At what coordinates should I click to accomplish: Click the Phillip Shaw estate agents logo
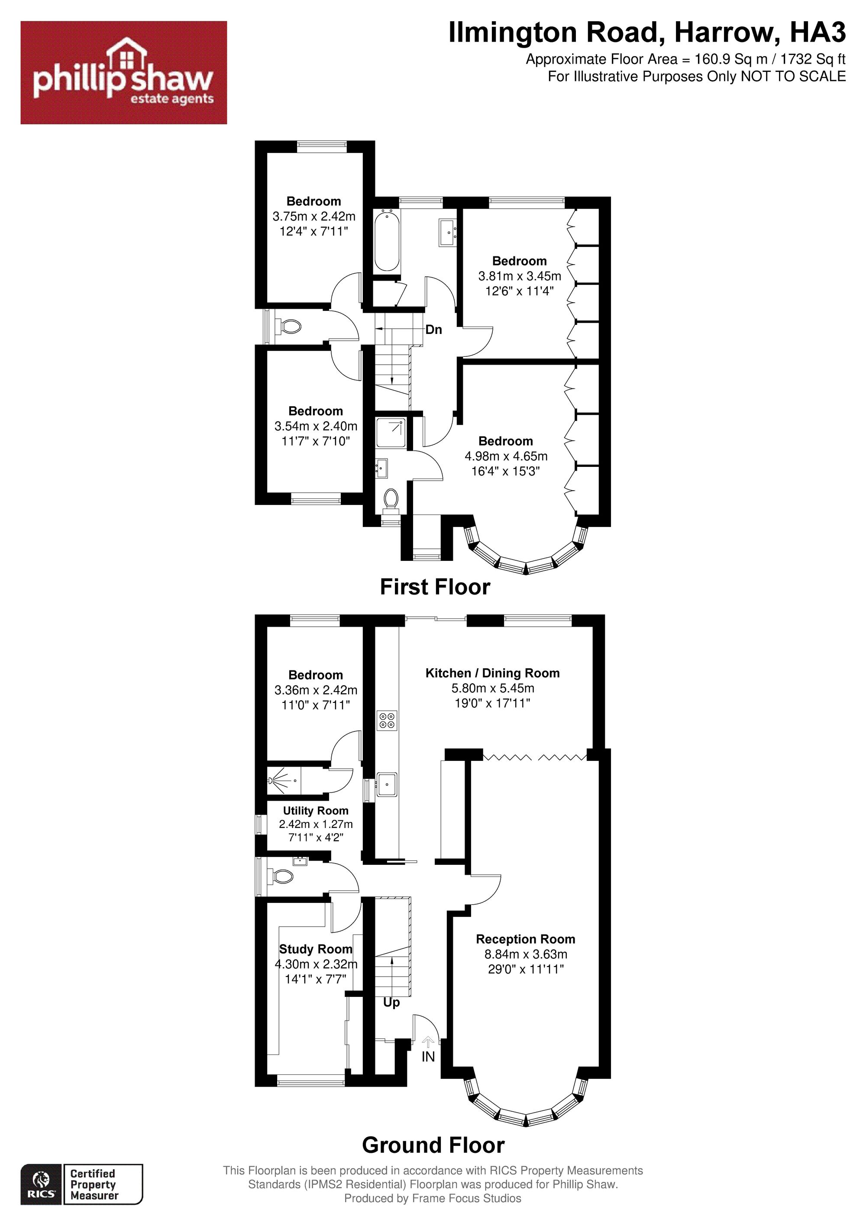coord(123,73)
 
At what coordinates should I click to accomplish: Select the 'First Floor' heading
coord(435,587)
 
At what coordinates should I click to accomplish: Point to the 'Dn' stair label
coord(433,330)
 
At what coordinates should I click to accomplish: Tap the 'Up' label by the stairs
coord(391,1003)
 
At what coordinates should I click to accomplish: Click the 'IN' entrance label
coord(428,1057)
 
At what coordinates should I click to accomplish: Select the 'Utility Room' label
coord(316,811)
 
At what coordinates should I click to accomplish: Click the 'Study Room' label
coord(316,949)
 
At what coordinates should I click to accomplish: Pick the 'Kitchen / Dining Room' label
coord(492,673)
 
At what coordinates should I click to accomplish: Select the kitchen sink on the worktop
coord(387,784)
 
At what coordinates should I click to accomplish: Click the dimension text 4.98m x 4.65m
coord(506,456)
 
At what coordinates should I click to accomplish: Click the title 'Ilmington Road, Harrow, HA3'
coord(647,33)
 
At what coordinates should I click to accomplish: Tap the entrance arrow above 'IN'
coord(428,1042)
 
